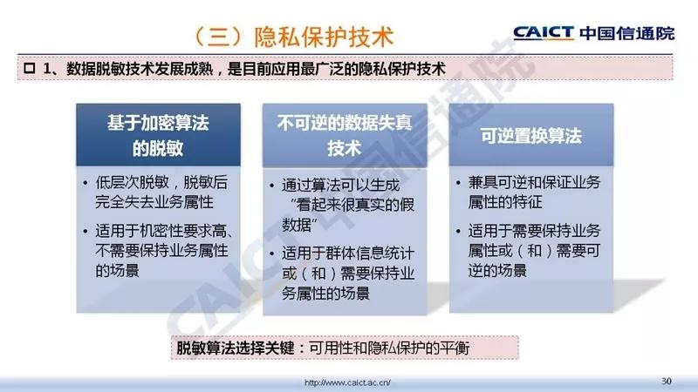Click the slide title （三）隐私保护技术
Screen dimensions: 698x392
click(293, 37)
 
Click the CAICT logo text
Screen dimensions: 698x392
click(544, 33)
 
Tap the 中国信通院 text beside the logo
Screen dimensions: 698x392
click(627, 33)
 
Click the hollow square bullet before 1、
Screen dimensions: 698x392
click(30, 69)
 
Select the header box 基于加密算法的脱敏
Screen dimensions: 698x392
click(158, 135)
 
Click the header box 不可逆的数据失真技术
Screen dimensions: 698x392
click(345, 136)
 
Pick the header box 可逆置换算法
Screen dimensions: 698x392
click(531, 135)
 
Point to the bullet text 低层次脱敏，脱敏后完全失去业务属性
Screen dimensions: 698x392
click(161, 192)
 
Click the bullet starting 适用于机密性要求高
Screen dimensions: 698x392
click(164, 250)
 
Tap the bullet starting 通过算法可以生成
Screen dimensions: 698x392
click(348, 205)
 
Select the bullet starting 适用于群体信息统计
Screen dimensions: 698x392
click(348, 274)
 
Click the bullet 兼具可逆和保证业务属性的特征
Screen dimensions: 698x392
click(534, 192)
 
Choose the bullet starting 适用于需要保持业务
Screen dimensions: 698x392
click(534, 250)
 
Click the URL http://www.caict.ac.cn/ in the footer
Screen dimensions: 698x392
click(347, 382)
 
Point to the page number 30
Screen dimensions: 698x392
click(667, 381)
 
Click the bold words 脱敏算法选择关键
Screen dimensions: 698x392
click(235, 348)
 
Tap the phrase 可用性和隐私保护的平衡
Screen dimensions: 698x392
click(389, 348)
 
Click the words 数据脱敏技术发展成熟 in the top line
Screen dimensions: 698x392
click(140, 69)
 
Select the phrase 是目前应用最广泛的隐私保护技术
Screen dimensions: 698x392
click(337, 69)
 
